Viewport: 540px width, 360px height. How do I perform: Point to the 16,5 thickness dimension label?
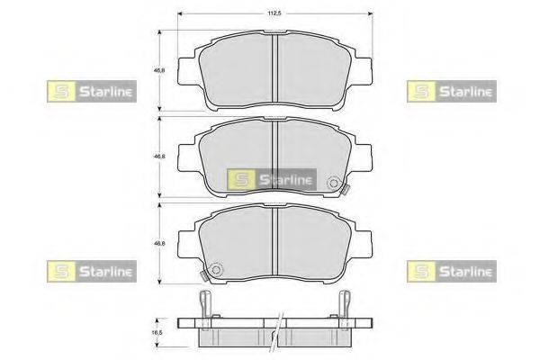click(157, 333)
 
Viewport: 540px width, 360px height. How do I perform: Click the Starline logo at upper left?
click(92, 91)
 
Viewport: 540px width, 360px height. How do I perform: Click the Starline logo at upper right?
click(452, 91)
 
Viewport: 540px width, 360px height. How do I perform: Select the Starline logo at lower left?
click(92, 272)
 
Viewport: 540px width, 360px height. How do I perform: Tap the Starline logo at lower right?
click(452, 272)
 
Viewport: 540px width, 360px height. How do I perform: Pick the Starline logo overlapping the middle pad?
click(272, 179)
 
